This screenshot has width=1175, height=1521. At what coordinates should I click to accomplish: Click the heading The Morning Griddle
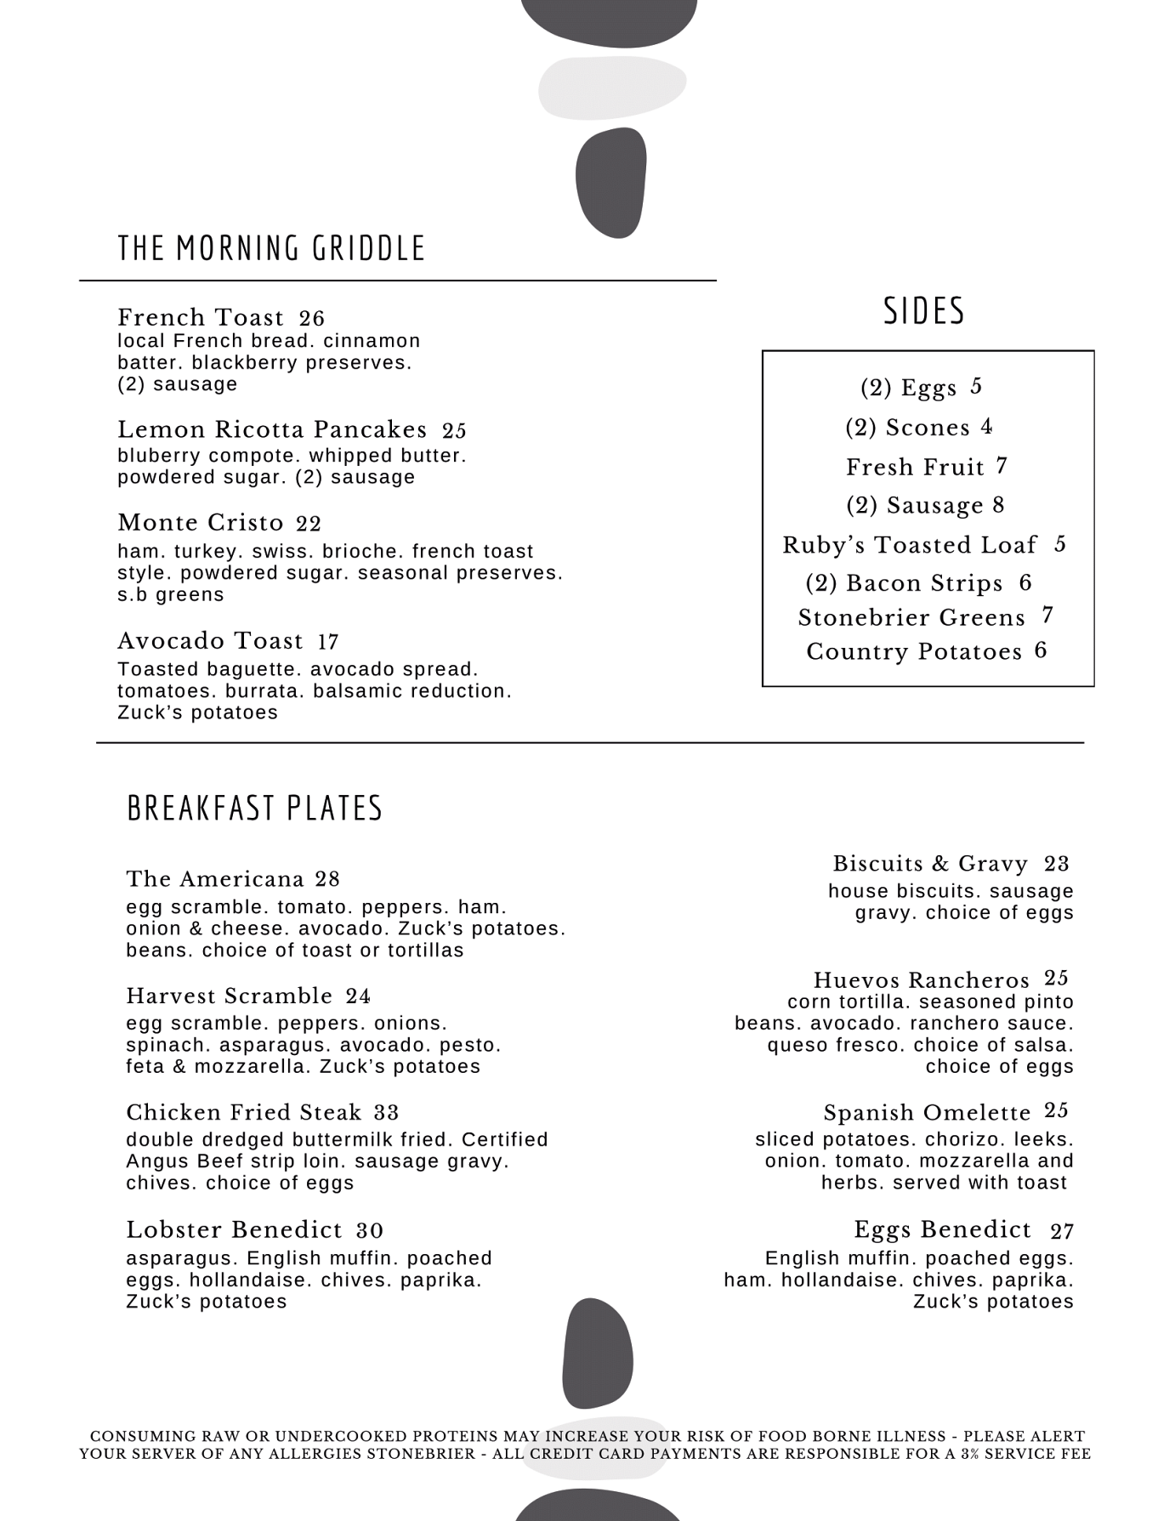point(271,248)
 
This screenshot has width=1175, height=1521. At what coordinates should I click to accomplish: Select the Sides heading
point(924,311)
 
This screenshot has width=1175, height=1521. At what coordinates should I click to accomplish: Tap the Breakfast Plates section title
point(254,808)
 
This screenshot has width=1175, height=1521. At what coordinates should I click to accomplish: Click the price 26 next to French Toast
point(312,319)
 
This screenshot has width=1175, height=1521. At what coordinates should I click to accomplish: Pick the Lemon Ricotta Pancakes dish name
point(272,429)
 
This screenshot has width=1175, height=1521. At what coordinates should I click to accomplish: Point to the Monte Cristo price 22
point(309,524)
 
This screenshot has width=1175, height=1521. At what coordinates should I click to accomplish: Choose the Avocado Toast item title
point(210,641)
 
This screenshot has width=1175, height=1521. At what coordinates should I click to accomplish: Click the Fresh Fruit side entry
point(915,467)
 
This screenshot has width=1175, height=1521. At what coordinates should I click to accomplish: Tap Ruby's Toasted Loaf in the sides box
point(910,545)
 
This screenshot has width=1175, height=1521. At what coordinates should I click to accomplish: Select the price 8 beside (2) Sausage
point(998,505)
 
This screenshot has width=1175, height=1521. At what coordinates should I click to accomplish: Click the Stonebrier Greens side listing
point(911,618)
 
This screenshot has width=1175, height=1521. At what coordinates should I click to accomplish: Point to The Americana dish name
point(215,879)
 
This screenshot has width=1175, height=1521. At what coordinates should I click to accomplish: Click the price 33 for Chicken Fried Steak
point(386,1113)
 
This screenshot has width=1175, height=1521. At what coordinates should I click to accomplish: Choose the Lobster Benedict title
point(234,1230)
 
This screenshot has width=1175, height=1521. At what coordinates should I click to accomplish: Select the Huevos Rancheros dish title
point(921,980)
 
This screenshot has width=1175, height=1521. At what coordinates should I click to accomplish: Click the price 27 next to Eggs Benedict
point(1062,1231)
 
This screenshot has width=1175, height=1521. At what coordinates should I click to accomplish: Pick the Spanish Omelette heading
point(927,1113)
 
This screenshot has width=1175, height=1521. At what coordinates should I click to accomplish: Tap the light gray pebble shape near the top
point(612,87)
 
